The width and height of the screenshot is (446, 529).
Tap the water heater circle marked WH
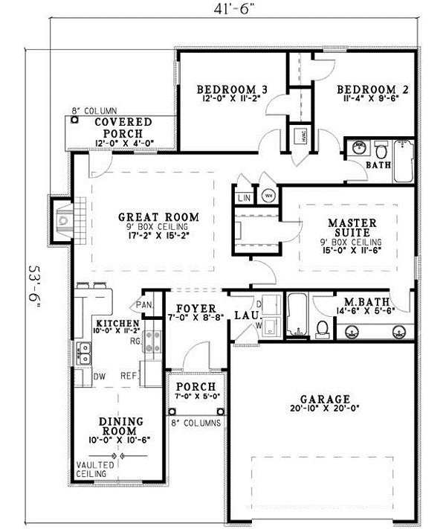coord(268,196)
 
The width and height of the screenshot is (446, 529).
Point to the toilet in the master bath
coord(323,327)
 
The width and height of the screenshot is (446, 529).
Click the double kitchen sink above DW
coord(85,353)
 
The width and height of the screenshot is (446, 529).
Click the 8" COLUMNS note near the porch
coord(195,423)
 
